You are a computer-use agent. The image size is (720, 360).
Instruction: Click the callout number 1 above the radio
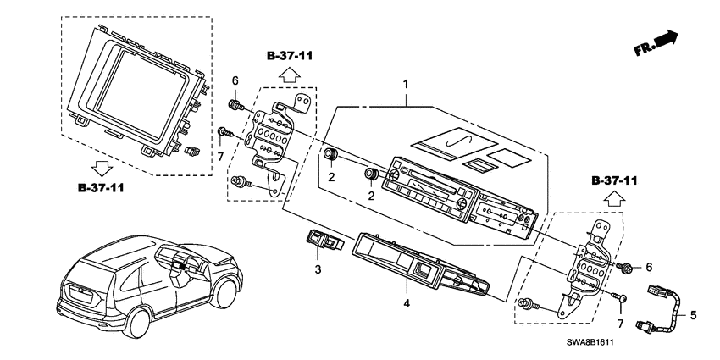tap(406, 86)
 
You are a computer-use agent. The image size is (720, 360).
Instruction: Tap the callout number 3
tap(318, 269)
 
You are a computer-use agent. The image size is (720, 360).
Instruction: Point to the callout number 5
tap(693, 316)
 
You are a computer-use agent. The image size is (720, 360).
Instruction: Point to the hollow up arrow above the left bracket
tap(289, 75)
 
